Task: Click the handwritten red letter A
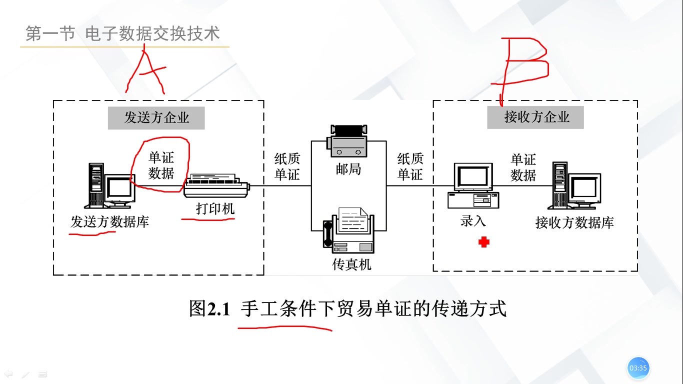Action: [145, 72]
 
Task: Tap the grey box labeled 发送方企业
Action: [156, 118]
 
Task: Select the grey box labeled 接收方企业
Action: [536, 117]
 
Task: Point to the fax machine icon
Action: [348, 231]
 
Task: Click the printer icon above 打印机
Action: [216, 186]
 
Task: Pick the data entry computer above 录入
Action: [472, 185]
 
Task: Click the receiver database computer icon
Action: [574, 186]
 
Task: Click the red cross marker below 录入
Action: [483, 242]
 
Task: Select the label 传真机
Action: [352, 264]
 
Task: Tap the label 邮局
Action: [348, 169]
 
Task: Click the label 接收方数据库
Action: [574, 222]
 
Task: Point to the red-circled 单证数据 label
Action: [161, 165]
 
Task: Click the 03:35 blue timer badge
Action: [638, 368]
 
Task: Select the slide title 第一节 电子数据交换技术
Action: [122, 34]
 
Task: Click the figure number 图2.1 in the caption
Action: [209, 308]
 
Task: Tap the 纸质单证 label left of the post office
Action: [287, 166]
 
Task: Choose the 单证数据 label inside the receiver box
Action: [523, 167]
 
